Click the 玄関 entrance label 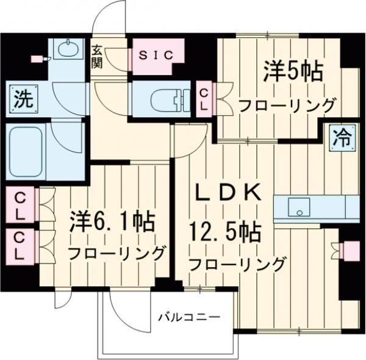tap(98, 56)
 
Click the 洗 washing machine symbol tap(22, 98)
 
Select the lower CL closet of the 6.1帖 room tap(20, 245)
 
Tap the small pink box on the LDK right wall tap(350, 250)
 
